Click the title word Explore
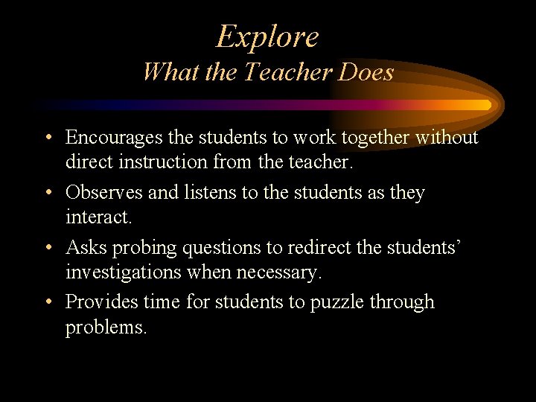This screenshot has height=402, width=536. click(x=267, y=36)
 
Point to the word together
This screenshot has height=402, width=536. click(x=377, y=138)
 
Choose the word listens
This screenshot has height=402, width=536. click(x=211, y=193)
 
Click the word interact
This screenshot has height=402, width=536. click(x=98, y=217)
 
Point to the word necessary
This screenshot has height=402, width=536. click(x=279, y=272)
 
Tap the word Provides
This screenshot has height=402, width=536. click(x=101, y=302)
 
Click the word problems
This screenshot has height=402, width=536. click(x=106, y=328)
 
